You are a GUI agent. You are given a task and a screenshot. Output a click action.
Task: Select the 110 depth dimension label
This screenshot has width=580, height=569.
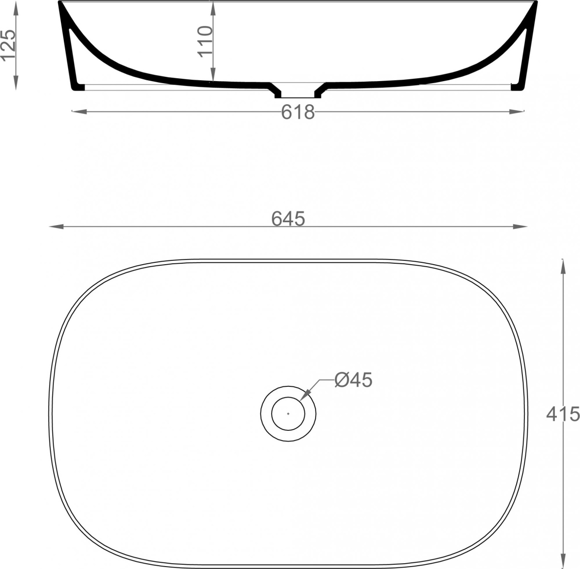click(x=205, y=41)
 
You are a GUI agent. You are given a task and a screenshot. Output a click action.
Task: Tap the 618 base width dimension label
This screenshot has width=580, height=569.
click(x=298, y=112)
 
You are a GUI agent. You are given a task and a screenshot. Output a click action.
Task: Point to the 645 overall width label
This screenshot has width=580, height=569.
click(x=288, y=218)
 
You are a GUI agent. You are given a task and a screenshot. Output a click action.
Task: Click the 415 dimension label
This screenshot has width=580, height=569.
click(x=563, y=414)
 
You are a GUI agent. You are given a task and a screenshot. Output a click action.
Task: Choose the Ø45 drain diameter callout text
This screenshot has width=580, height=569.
click(x=353, y=380)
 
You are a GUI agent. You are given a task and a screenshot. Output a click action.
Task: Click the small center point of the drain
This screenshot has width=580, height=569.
click(x=288, y=414)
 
